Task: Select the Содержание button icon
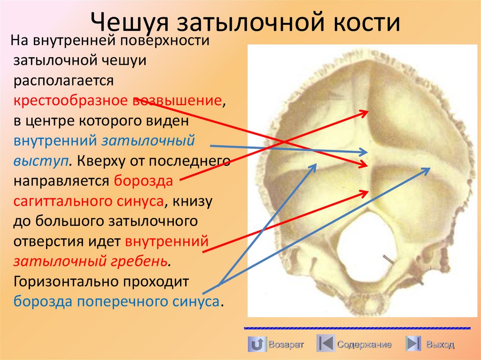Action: point(325,344)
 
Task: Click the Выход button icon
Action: point(413,344)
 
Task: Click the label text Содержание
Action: point(364,345)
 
